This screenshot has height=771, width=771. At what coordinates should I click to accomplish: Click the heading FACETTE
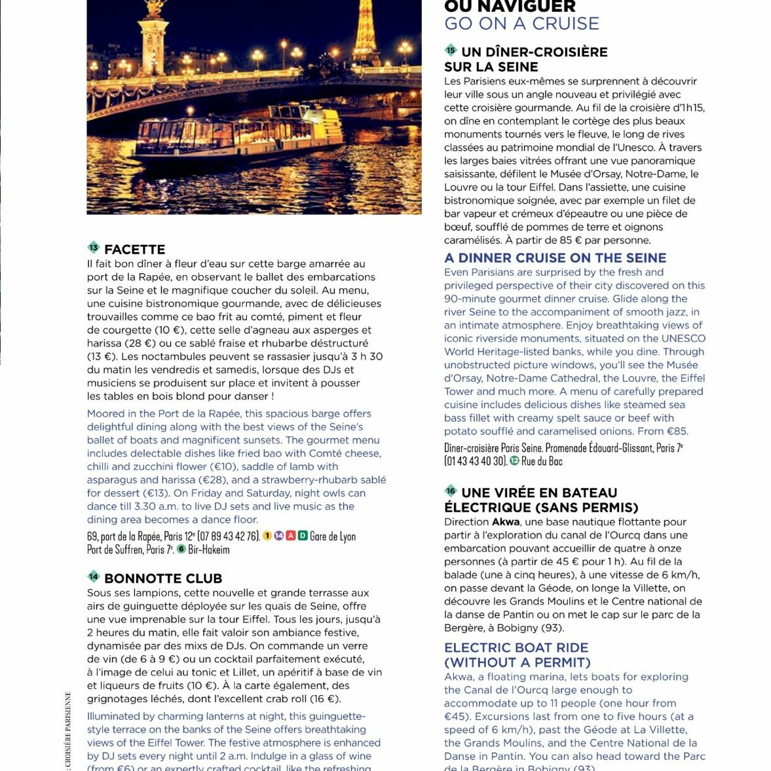point(134,250)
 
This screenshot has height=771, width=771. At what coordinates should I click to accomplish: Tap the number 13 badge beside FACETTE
point(93,248)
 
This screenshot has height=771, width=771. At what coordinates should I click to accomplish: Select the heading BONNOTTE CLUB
point(163,578)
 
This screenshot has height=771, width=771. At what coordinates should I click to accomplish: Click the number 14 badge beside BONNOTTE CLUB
point(93,576)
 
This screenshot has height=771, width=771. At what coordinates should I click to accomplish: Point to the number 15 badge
point(450,50)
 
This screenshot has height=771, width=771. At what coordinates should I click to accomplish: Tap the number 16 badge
point(450,491)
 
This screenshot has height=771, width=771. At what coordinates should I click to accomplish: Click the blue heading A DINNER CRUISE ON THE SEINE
point(555,258)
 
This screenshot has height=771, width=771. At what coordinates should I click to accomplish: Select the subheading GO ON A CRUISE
point(521,24)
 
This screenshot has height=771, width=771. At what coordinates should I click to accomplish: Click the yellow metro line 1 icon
point(267,536)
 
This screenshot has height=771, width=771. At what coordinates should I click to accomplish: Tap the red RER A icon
point(291,536)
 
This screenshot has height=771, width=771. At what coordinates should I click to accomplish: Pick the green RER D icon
point(303,536)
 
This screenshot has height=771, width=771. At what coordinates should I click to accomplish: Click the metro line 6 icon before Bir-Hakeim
point(181,549)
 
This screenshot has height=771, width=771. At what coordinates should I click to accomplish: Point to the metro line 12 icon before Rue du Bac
point(514,461)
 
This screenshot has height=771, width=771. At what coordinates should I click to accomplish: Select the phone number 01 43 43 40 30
point(475,461)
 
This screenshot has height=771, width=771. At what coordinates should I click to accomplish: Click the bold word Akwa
point(505,522)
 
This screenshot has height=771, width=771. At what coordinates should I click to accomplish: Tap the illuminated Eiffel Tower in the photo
point(366,33)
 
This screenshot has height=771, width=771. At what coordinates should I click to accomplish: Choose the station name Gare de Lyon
point(333,536)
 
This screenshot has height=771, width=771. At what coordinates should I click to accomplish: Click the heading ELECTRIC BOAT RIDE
point(516,648)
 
